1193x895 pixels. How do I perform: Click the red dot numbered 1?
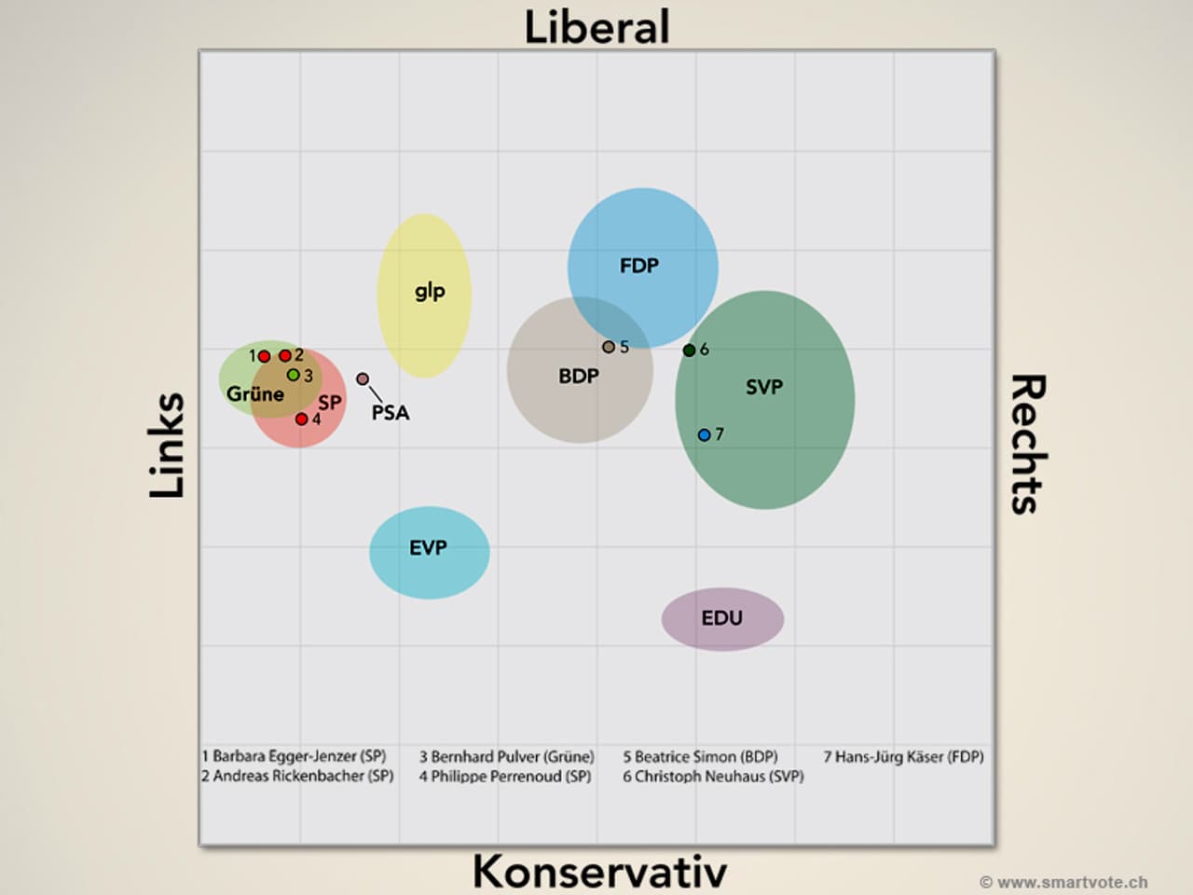pos(265,356)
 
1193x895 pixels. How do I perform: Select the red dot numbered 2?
pos(285,355)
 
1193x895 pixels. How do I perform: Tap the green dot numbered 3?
pos(293,375)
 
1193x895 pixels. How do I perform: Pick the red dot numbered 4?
pos(302,419)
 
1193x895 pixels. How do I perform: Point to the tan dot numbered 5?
pos(609,347)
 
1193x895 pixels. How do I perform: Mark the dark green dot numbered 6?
pos(689,351)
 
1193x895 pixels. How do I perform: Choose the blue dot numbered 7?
pos(705,434)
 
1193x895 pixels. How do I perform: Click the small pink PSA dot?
pos(363,379)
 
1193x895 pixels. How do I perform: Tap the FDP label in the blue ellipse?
pos(639,266)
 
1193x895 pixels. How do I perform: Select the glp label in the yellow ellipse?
pos(430,291)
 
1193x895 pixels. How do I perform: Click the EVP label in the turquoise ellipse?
pos(428,547)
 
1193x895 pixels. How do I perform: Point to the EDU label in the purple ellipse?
pos(722,617)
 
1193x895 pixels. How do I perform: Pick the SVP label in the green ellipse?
pos(764,387)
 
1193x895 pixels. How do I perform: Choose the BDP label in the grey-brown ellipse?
pos(579,376)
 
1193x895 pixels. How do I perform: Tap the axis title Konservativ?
pos(599,871)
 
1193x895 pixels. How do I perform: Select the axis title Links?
pos(168,445)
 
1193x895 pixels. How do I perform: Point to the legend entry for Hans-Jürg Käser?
pos(903,757)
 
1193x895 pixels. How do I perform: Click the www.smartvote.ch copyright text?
pos(1063,882)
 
